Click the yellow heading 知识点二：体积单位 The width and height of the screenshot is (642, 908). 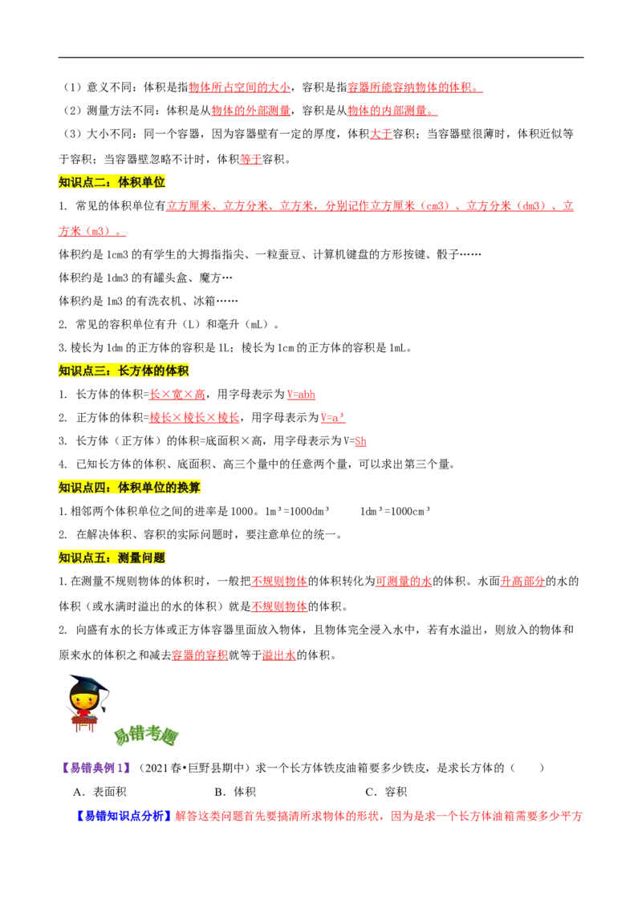click(112, 182)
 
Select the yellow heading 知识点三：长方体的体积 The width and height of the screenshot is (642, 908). click(124, 370)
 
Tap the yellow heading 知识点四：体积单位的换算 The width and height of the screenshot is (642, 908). click(131, 486)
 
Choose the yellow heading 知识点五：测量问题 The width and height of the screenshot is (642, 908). click(112, 557)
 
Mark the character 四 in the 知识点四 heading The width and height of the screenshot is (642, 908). click(105, 486)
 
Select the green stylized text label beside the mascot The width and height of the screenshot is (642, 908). click(146, 736)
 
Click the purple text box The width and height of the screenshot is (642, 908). click(95, 767)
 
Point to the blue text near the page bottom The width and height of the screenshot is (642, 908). click(124, 816)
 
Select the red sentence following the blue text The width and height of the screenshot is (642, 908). click(377, 817)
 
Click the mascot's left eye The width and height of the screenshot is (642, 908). click(77, 696)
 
